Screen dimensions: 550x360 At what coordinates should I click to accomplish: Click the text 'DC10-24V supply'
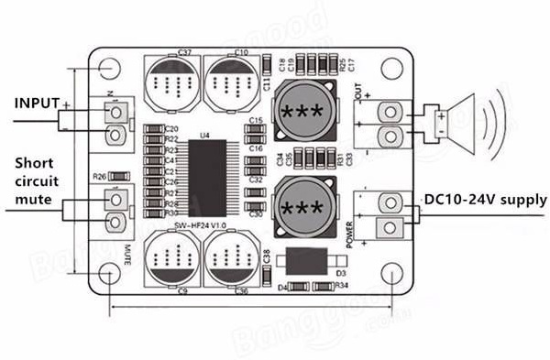pyautogui.click(x=485, y=199)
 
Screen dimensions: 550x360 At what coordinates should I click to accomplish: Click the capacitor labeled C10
pyautogui.click(x=230, y=85)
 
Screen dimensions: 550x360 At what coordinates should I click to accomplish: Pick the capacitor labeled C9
pyautogui.click(x=170, y=259)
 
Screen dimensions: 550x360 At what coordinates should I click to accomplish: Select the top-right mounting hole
pyautogui.click(x=392, y=68)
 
